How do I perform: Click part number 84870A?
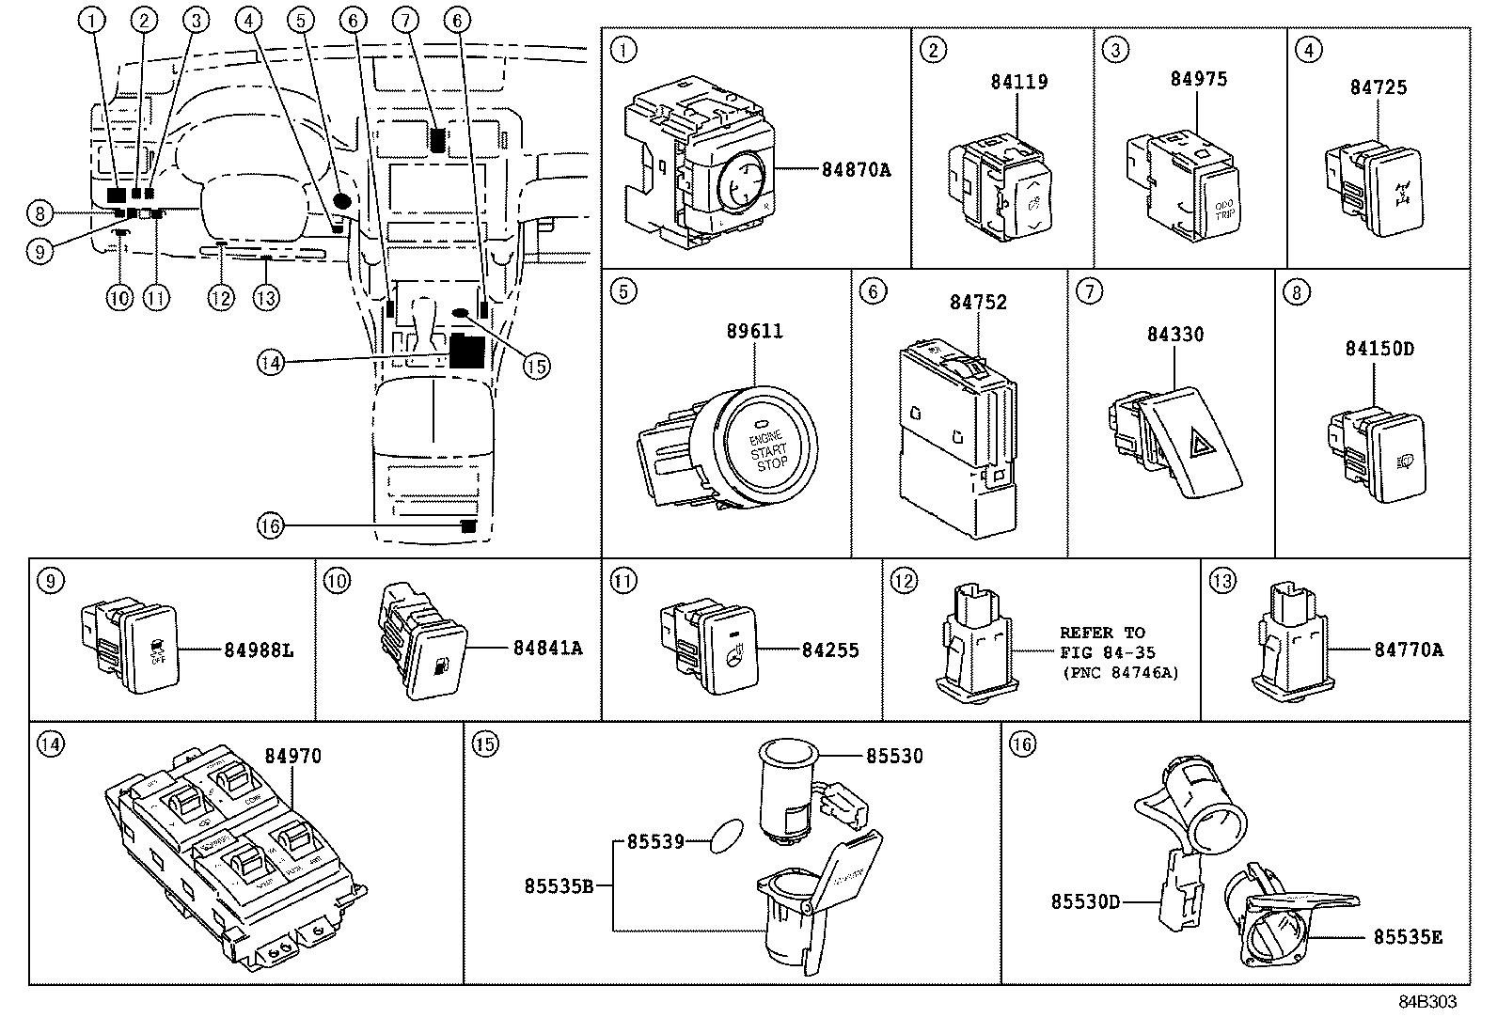[x=855, y=170]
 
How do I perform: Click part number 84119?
[x=1018, y=82]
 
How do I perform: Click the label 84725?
[x=1378, y=87]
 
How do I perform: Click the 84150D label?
[x=1379, y=348]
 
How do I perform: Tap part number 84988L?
[x=259, y=650]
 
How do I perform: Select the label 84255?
[x=830, y=650]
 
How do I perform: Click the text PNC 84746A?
[x=1120, y=673]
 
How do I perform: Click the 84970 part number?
[x=292, y=756]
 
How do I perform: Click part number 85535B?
[x=559, y=885]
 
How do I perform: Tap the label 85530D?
[x=1085, y=902]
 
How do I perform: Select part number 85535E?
[x=1407, y=936]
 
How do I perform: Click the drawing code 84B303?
[x=1426, y=1002]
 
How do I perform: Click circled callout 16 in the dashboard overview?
[x=270, y=526]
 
